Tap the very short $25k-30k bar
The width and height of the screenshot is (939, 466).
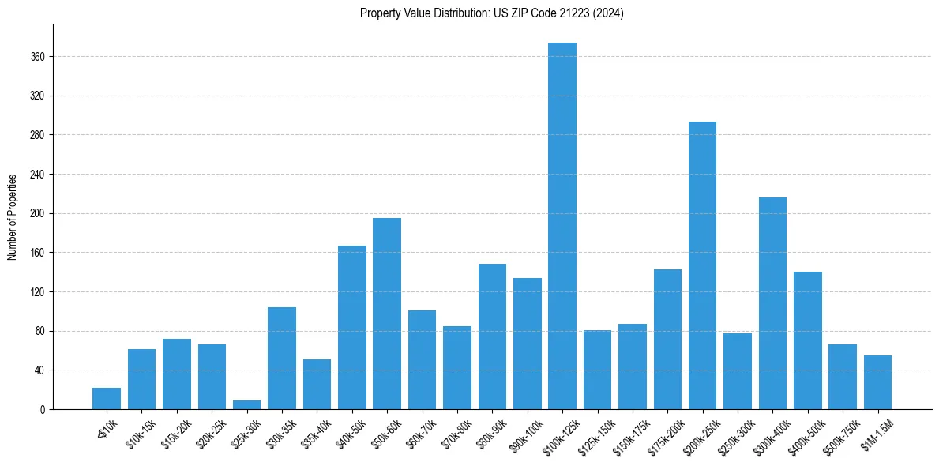(246, 404)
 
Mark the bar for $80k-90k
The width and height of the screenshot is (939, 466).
(492, 336)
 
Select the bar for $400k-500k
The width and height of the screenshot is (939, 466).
(807, 340)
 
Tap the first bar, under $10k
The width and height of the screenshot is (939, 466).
(107, 398)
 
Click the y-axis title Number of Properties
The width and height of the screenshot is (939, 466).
(12, 216)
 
